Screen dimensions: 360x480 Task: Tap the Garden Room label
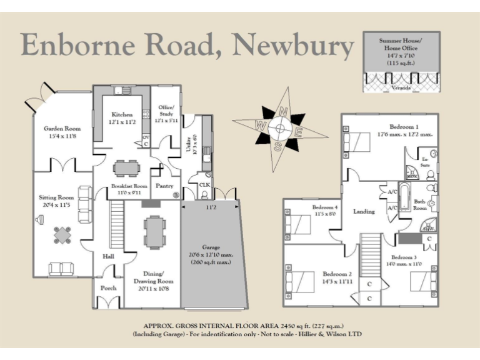pos(61,129)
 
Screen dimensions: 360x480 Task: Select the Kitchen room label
pos(122,114)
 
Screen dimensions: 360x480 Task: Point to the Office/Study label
pos(166,111)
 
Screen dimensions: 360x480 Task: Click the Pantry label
pos(164,186)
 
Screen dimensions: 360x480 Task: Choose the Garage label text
pos(211,247)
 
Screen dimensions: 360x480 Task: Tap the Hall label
pos(107,256)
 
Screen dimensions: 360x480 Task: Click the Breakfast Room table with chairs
pos(127,167)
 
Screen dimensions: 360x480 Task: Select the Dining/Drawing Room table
pos(153,232)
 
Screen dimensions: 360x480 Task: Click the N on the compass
pos(283,112)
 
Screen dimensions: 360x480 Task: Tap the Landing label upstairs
pos(364,211)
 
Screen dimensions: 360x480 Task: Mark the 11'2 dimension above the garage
pos(211,206)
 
